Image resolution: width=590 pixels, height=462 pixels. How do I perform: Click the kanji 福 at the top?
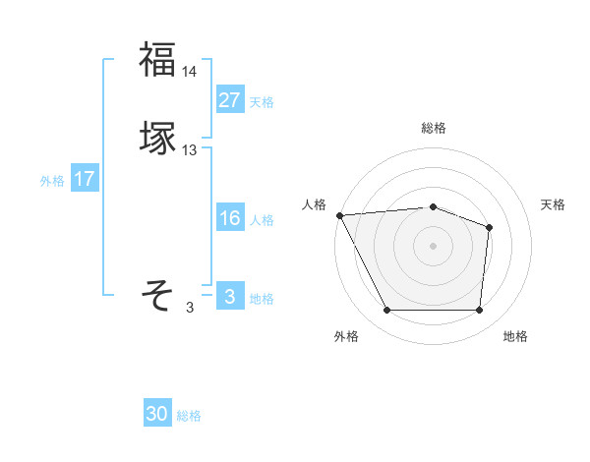coord(157,59)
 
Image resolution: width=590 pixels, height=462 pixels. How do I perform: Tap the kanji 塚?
coord(157,138)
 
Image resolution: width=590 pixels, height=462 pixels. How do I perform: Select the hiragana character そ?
coord(157,294)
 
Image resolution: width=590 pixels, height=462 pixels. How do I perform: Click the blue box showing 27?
coord(229,99)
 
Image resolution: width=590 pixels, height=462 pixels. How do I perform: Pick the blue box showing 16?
coord(229,218)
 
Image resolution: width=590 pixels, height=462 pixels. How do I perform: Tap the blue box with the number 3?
coord(229,297)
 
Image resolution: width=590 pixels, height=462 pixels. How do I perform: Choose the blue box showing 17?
coord(85,179)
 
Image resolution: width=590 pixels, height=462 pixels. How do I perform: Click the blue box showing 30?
coord(157,414)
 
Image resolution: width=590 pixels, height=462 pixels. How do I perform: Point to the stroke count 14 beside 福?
coord(190,72)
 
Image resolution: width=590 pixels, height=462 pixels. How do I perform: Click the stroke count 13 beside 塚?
coord(190,150)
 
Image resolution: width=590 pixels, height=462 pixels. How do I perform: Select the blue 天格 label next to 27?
coord(262,101)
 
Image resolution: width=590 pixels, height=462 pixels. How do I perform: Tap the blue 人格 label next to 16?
coord(262,220)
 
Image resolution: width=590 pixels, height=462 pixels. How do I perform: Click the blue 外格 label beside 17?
coord(52,181)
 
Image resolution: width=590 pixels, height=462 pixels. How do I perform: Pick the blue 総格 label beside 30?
coord(190,416)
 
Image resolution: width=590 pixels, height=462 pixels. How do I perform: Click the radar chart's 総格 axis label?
coord(434,128)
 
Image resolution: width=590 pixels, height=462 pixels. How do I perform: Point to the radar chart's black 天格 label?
coord(553,204)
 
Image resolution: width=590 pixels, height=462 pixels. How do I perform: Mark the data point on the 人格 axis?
coord(339,214)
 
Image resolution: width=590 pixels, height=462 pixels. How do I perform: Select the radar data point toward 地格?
coord(479,311)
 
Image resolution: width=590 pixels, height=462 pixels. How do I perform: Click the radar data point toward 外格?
coord(387,311)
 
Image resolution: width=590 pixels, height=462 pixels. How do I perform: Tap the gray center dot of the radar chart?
coord(434,245)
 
